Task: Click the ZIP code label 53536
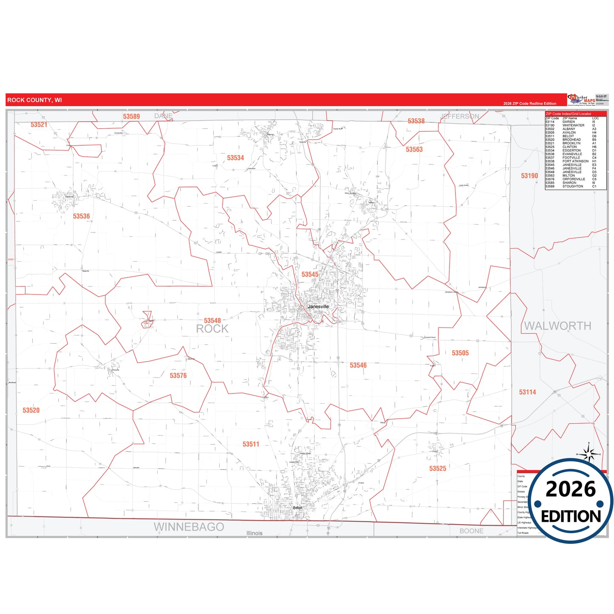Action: tap(81, 216)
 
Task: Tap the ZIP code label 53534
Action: tap(235, 158)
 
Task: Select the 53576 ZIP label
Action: tap(178, 376)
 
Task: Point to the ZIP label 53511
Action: tap(251, 444)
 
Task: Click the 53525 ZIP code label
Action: tap(438, 469)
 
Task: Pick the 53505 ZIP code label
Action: tap(460, 353)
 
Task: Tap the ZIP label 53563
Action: tap(414, 150)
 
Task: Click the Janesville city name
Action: tap(318, 307)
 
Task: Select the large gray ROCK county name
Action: tap(212, 329)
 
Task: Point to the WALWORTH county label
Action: tap(557, 326)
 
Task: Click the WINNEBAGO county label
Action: tap(189, 527)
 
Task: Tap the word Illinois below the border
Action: tap(255, 533)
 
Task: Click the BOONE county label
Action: tap(471, 531)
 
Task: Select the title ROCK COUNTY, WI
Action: tap(34, 100)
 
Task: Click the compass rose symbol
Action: tap(589, 454)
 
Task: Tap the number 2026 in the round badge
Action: tap(571, 490)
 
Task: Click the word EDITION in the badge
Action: tap(571, 516)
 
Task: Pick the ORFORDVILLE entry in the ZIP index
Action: tap(573, 179)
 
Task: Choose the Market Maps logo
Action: tap(581, 100)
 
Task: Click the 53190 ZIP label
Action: tap(529, 176)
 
